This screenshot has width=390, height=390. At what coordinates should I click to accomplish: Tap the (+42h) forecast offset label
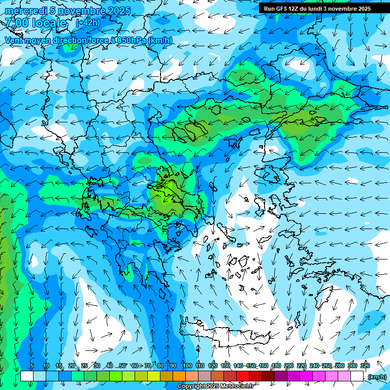coord(88,23)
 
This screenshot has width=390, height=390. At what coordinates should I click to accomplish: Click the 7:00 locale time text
coord(36,23)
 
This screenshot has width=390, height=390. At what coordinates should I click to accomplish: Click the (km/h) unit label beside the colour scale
coord(376,376)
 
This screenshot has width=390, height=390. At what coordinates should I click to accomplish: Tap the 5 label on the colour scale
coord(32,366)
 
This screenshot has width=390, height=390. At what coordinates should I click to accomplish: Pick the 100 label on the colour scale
coord(187,366)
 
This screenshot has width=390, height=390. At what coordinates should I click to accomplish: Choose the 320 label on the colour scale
coord(365,366)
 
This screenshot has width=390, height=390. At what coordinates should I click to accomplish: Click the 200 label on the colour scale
coord(289,366)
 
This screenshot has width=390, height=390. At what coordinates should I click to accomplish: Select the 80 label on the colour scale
coord(160,366)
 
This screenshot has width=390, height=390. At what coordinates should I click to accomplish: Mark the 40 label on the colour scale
coord(109,366)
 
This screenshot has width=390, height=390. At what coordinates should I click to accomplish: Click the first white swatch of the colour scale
coord(27,376)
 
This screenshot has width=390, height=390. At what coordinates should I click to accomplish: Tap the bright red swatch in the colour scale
coord(243,376)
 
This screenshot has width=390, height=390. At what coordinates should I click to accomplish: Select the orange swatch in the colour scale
coord(179,376)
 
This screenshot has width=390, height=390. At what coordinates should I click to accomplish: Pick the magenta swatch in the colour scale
coord(306,376)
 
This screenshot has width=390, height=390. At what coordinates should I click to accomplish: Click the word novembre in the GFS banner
coord(342,9)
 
